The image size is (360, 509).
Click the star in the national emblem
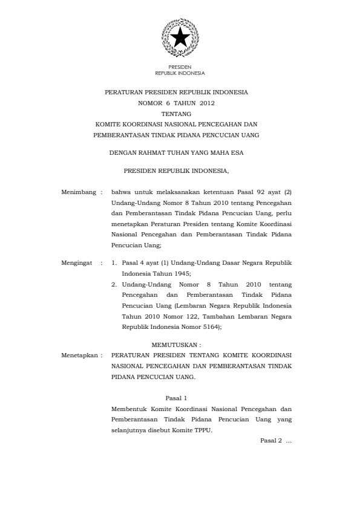(180, 38)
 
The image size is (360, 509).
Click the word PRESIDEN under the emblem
(180, 68)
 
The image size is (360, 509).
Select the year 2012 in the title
(207, 103)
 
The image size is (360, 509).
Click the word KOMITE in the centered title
(110, 124)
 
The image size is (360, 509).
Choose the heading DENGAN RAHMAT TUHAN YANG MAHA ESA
(180, 153)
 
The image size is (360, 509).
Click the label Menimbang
(80, 192)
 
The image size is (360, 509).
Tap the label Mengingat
(79, 264)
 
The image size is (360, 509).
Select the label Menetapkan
(80, 355)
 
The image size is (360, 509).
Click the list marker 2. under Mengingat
(114, 284)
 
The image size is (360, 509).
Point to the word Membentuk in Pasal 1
(129, 409)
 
